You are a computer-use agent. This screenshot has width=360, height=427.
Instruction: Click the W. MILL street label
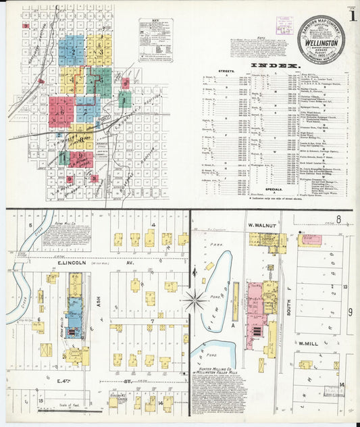click(308, 343)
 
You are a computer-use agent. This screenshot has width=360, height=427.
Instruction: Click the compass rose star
click(195, 299)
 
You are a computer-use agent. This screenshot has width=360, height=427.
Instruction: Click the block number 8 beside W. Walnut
click(338, 219)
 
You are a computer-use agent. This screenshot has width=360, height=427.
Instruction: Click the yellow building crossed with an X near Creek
click(46, 350)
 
